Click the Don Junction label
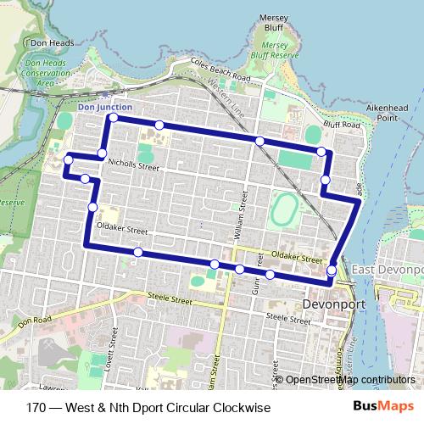(104, 108)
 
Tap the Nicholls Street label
(134, 167)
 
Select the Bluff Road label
(343, 125)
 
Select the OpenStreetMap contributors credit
(349, 380)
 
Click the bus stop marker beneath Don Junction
(113, 119)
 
